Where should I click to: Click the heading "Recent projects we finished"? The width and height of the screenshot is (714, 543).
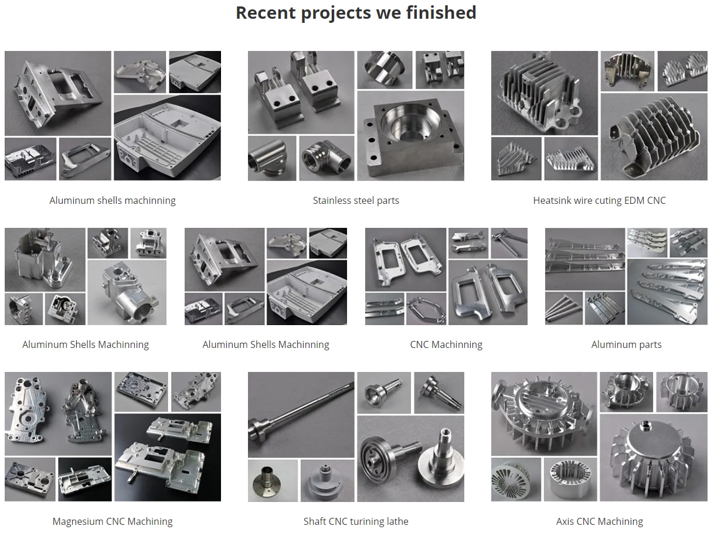356,13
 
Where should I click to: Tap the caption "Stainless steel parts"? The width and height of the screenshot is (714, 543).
356,200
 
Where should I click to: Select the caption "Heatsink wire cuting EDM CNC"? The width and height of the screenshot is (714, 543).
599,200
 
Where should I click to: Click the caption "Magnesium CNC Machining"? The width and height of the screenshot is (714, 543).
113,521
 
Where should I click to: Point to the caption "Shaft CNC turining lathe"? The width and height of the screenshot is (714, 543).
356,521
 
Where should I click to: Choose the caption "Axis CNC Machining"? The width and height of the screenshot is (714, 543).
599,521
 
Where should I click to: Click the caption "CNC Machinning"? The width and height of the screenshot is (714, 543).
446,345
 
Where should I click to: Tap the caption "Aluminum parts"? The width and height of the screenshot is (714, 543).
626,345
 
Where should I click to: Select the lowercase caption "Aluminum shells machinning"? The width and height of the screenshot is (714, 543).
113,200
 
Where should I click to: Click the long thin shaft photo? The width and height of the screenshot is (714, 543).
301,415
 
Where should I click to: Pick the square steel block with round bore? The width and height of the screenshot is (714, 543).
410,135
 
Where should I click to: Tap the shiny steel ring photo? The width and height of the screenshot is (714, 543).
385,70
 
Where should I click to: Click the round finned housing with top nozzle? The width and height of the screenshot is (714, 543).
654,457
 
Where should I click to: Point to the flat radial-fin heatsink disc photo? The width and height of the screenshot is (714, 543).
516,480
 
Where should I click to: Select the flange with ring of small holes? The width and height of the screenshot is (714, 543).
273,480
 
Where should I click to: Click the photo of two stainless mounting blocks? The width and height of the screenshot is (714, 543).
301,93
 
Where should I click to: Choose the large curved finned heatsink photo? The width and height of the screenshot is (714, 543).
654,136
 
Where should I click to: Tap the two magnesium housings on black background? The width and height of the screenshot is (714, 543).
168,457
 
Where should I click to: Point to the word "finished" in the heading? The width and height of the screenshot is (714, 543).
441,13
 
